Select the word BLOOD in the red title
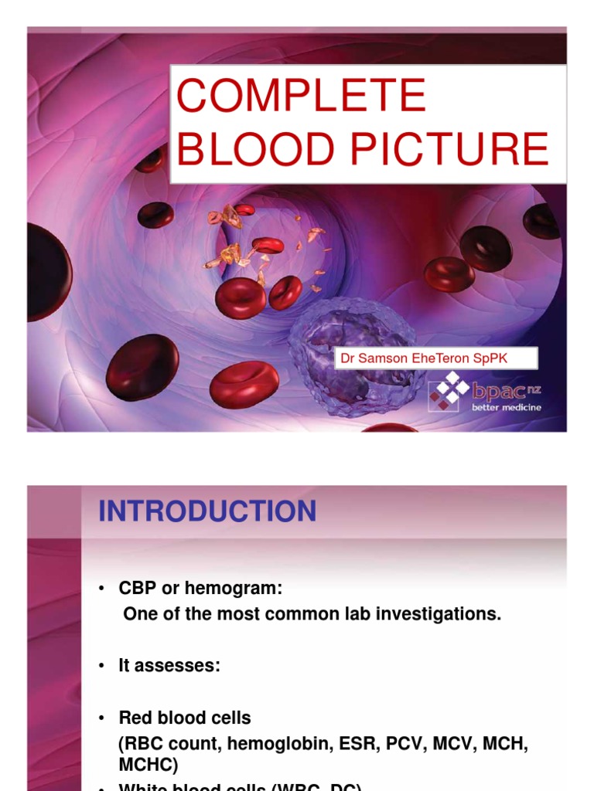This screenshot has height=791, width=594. [x=251, y=149]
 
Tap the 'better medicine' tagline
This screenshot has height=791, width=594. [x=507, y=407]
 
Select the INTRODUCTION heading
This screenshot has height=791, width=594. [x=207, y=511]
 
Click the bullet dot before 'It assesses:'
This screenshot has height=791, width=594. [x=101, y=666]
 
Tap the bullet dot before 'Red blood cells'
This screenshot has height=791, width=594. [x=101, y=718]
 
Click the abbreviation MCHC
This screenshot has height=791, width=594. [x=148, y=764]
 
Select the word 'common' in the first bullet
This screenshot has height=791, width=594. [x=282, y=614]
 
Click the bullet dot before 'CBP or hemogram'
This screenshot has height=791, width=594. [x=101, y=589]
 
